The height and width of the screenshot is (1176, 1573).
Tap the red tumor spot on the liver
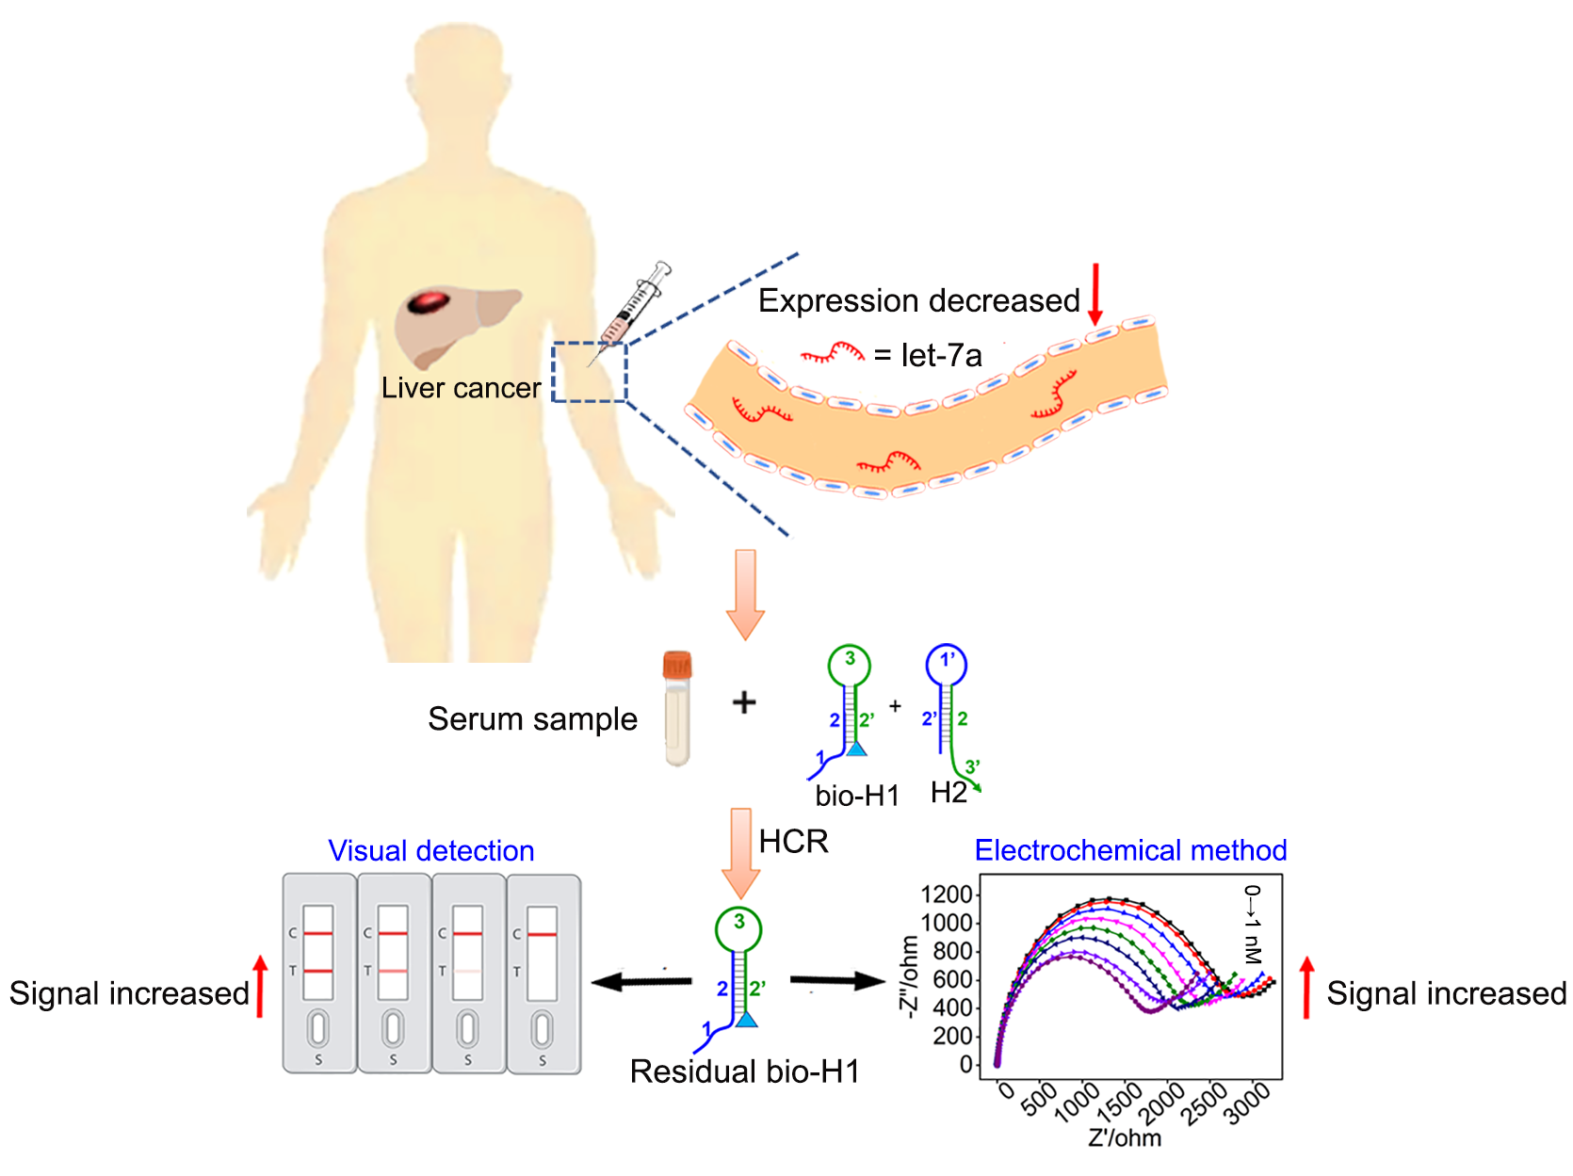tap(430, 302)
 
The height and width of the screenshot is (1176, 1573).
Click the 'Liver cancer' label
tap(461, 388)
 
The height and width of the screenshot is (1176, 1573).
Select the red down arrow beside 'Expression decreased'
tap(1095, 294)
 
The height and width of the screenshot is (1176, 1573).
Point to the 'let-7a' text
tap(941, 355)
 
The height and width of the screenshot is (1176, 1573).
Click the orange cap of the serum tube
tap(677, 665)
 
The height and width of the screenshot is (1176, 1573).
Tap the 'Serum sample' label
tap(532, 718)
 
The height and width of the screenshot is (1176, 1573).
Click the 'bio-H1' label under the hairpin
tap(857, 796)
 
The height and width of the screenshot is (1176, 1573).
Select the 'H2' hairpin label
tap(948, 793)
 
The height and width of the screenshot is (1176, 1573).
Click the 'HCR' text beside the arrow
tap(793, 841)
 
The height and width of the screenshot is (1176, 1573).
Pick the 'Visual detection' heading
tap(430, 850)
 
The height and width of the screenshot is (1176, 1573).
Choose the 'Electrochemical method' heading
tap(1130, 850)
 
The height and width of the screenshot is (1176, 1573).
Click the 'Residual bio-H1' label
tap(744, 1071)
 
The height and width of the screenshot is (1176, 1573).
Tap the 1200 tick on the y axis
tap(947, 894)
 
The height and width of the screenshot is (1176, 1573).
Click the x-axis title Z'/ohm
tap(1125, 1138)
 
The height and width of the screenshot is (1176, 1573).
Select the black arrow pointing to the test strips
tap(641, 982)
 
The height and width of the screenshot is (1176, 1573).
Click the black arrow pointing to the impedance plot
tap(837, 981)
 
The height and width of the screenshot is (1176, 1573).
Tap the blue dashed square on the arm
tap(590, 372)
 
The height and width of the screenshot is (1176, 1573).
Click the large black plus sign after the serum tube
tap(744, 702)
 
